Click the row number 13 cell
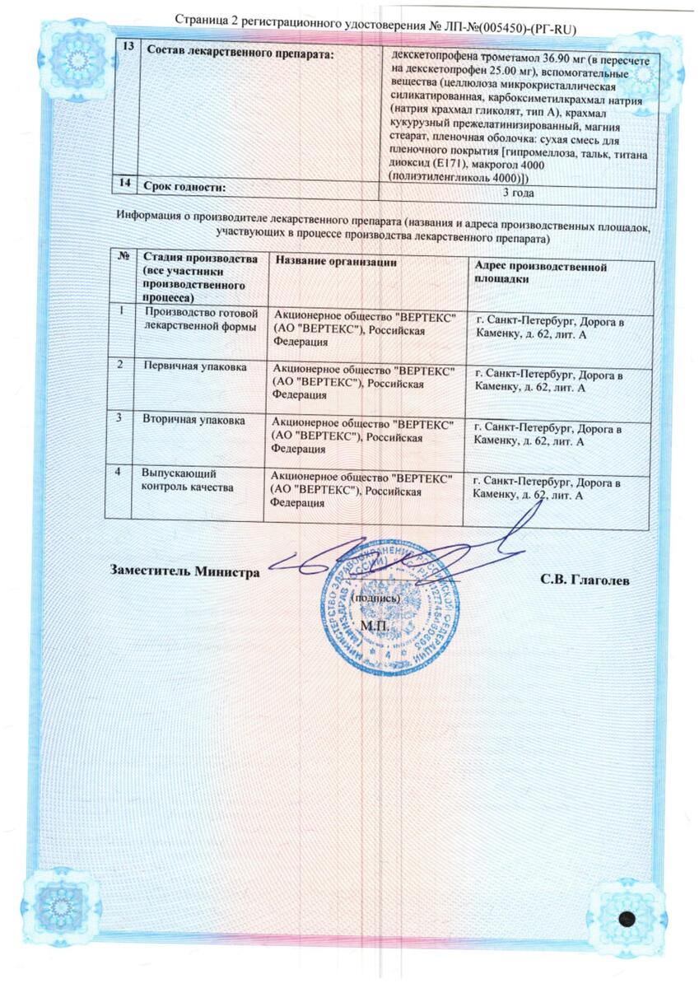pyautogui.click(x=127, y=47)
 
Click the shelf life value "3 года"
pyautogui.click(x=518, y=193)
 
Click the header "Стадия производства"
pyautogui.click(x=198, y=260)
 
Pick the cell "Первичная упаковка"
pyautogui.click(x=194, y=365)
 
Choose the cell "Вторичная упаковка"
pyautogui.click(x=193, y=420)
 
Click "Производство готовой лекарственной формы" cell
pyautogui.click(x=202, y=319)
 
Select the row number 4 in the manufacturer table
pyautogui.click(x=121, y=473)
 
